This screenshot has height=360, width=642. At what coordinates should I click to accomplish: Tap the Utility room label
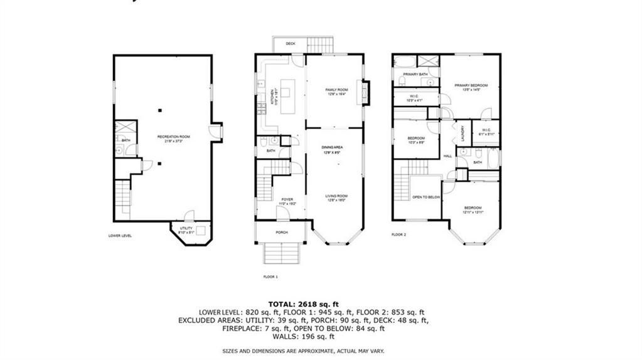(186, 228)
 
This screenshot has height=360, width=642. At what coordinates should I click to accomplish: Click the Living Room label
(336, 196)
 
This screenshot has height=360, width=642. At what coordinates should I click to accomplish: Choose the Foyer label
(287, 199)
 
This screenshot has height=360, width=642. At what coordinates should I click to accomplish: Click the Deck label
(291, 44)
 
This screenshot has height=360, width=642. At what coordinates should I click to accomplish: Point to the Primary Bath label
(415, 75)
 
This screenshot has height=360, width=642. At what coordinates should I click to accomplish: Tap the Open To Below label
(425, 197)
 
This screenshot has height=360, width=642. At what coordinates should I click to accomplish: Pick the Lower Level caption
(120, 236)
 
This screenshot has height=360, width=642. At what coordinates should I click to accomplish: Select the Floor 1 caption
(270, 276)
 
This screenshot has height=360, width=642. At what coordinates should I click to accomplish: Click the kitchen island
(286, 94)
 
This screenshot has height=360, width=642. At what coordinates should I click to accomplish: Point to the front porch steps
(281, 254)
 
